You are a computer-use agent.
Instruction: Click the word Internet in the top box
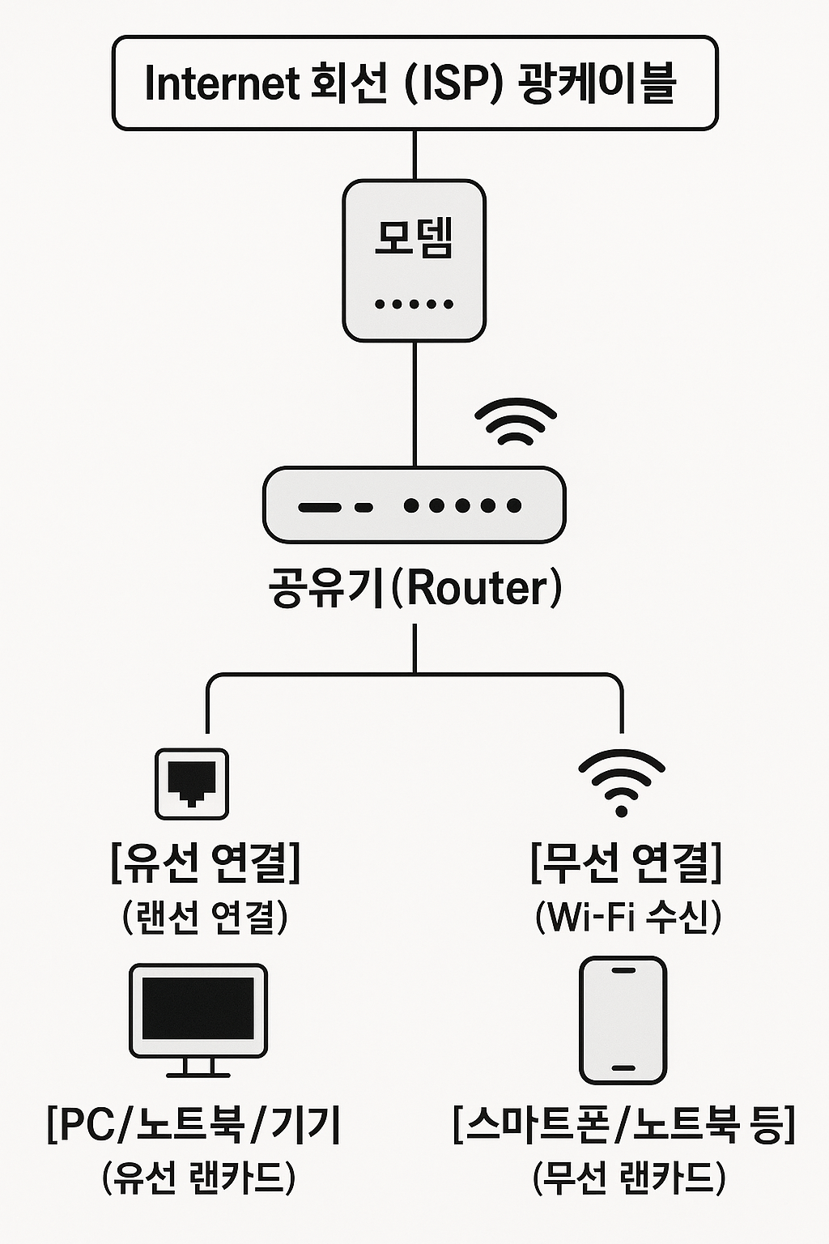point(221,83)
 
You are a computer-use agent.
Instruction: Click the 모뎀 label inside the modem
point(414,237)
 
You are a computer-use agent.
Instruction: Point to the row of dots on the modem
point(414,305)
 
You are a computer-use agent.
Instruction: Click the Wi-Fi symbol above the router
point(516,422)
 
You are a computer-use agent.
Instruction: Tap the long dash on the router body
point(319,508)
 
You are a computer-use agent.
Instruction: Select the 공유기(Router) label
point(414,589)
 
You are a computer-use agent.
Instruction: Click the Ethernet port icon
point(192,783)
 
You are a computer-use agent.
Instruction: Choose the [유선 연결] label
point(206,863)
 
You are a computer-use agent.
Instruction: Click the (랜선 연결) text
point(206,917)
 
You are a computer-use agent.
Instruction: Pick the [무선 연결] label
point(626,863)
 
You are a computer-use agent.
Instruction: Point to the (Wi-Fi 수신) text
point(627,917)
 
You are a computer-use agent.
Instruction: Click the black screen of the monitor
point(198,1008)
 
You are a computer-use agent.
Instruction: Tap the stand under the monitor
point(198,1068)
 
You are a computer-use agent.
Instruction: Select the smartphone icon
point(623,1020)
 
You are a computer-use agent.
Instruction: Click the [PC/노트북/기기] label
point(194,1124)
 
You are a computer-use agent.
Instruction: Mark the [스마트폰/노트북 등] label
point(624,1124)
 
